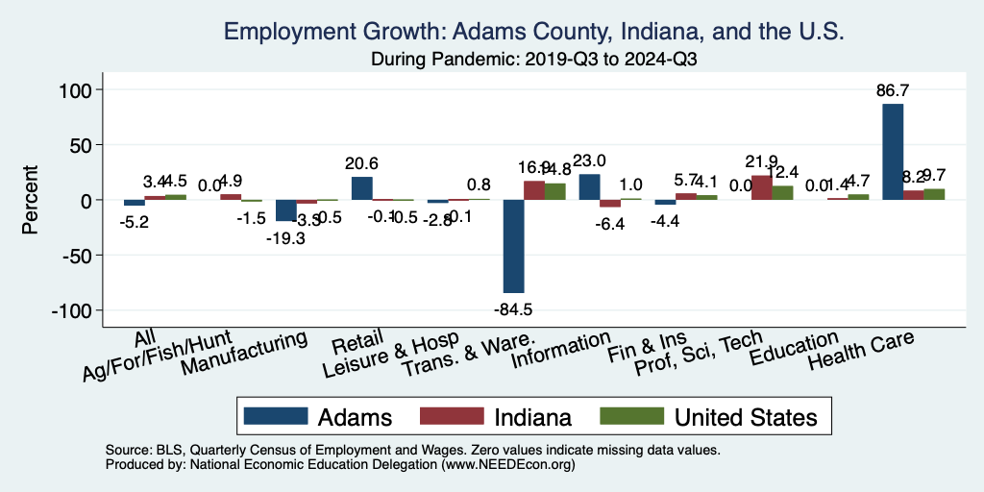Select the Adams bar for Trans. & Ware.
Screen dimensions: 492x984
click(513, 246)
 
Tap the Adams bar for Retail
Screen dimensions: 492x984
click(361, 188)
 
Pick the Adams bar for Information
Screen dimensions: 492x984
click(589, 187)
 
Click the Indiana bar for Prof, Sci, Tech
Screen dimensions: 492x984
click(761, 188)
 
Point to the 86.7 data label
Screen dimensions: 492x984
click(893, 91)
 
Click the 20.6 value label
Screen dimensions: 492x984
click(362, 164)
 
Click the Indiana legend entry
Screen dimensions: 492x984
click(496, 417)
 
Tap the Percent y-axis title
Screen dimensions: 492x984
click(31, 201)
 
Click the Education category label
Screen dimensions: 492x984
click(794, 348)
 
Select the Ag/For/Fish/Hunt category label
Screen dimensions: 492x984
click(160, 358)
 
